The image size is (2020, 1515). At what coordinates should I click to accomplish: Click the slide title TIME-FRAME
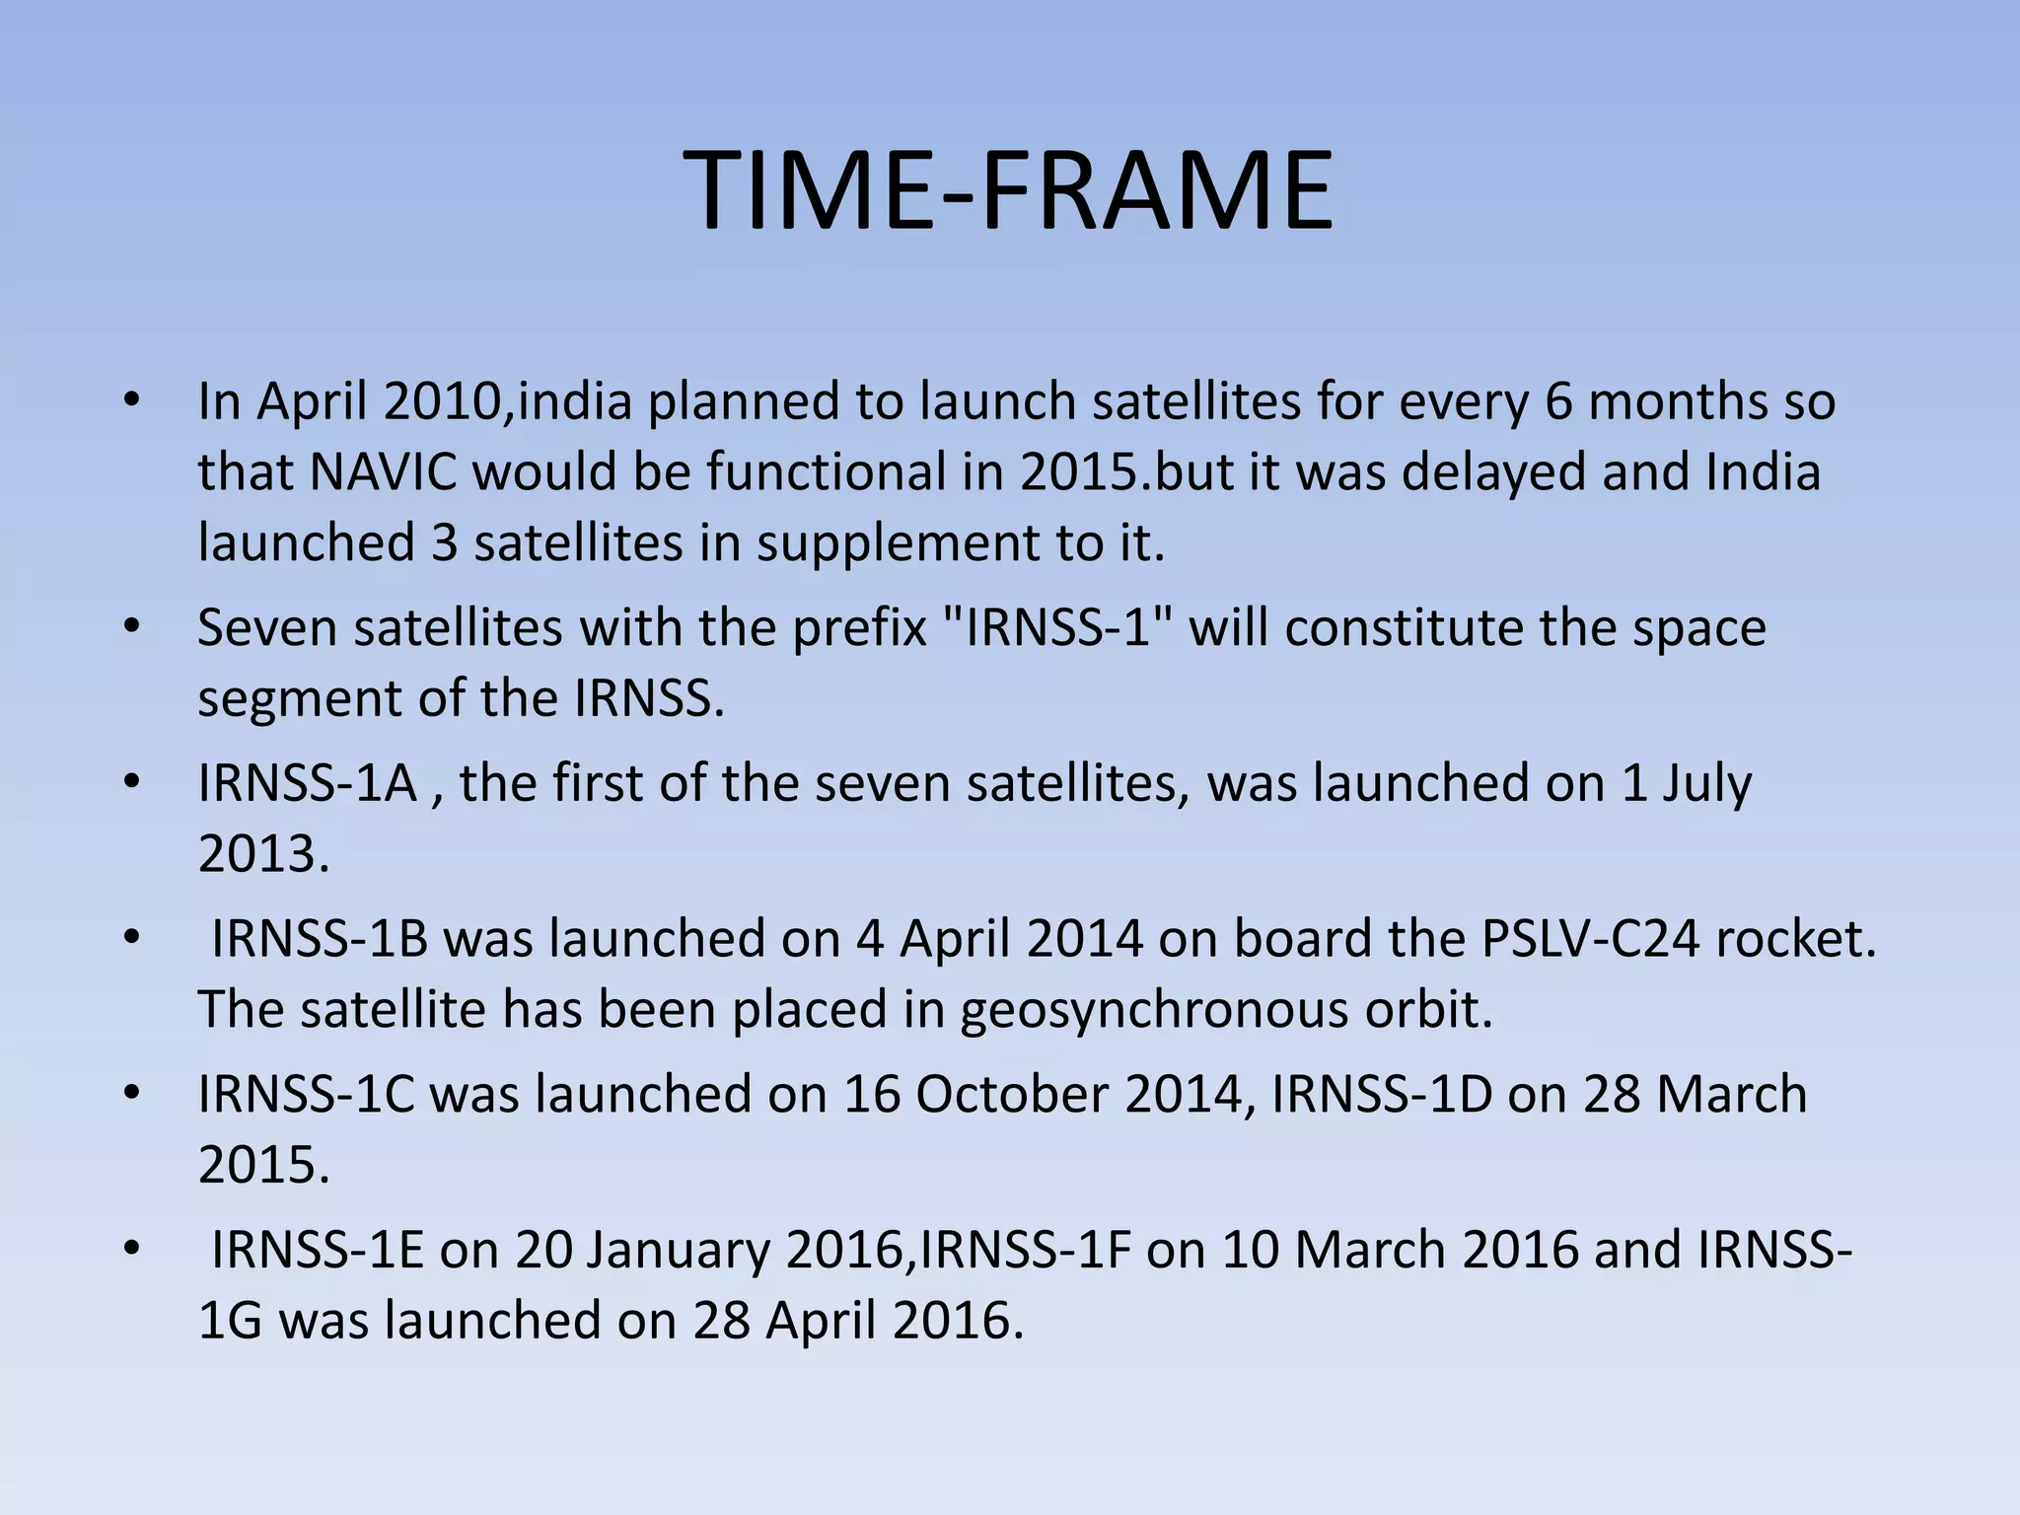coord(1009,190)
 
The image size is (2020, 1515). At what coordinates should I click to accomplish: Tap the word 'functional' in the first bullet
coord(828,472)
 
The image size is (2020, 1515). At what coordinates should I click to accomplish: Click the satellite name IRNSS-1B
coord(320,939)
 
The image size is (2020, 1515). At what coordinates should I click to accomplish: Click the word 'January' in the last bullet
coord(679,1251)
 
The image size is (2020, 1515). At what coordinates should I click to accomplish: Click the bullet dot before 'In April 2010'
coord(133,401)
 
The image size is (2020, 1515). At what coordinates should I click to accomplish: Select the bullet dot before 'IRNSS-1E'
coord(133,1251)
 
